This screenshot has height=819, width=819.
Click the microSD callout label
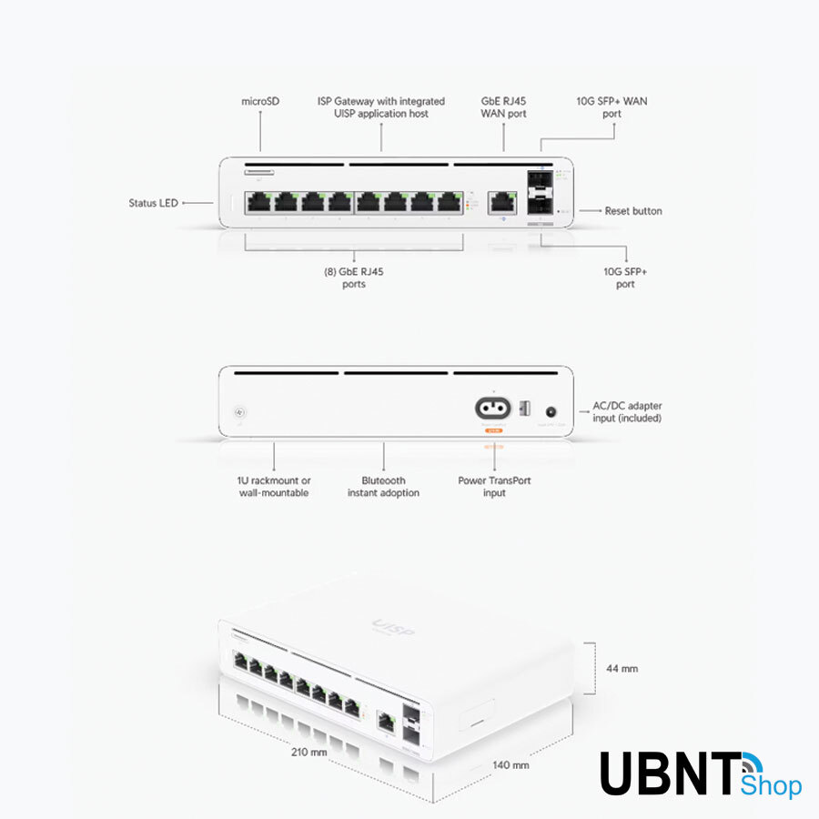260,101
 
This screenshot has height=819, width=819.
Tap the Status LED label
153,203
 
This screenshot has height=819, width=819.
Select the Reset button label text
633,211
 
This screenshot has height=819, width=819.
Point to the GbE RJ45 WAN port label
503,107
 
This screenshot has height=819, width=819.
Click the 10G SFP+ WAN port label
612,107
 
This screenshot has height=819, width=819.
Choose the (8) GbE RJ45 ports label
354,278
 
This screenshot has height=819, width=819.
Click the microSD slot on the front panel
259,170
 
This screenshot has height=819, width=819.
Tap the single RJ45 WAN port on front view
501,201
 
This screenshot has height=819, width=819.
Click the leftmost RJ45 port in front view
260,201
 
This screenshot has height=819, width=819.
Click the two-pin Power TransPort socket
493,409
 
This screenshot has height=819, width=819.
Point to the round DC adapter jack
550,411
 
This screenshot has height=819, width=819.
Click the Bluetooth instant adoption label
383,487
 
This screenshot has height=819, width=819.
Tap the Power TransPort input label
494,487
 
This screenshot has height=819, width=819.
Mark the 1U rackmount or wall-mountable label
274,487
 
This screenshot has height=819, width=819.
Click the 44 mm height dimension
622,669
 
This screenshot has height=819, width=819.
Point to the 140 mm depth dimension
511,765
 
